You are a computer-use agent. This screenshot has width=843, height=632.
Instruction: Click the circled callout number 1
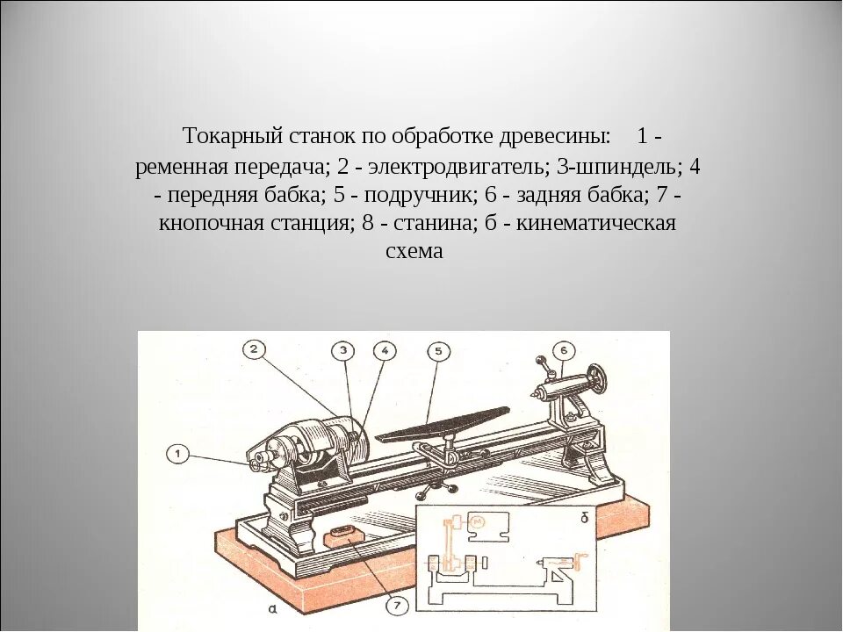[178, 454]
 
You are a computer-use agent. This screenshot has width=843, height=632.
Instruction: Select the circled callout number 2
[253, 349]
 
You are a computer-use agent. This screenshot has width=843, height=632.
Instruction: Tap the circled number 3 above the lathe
[345, 350]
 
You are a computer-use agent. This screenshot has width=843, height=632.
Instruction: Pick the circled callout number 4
[384, 350]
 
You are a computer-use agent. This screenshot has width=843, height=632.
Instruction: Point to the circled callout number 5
[439, 351]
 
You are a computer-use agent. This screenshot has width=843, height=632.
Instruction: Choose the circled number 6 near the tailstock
[565, 350]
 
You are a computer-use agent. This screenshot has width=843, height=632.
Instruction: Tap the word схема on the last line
[415, 251]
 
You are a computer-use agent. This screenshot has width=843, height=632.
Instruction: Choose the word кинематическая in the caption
[596, 222]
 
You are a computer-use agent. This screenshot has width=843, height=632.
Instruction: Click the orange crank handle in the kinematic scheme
[579, 561]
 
